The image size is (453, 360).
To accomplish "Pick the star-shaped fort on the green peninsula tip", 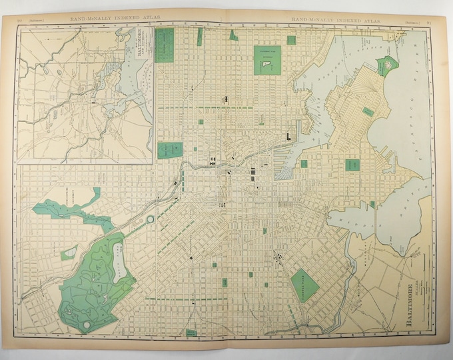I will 385,65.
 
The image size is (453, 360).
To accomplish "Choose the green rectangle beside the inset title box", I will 164,45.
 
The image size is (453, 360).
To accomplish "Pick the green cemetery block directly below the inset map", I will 170,149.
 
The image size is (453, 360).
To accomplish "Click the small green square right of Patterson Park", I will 291,41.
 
